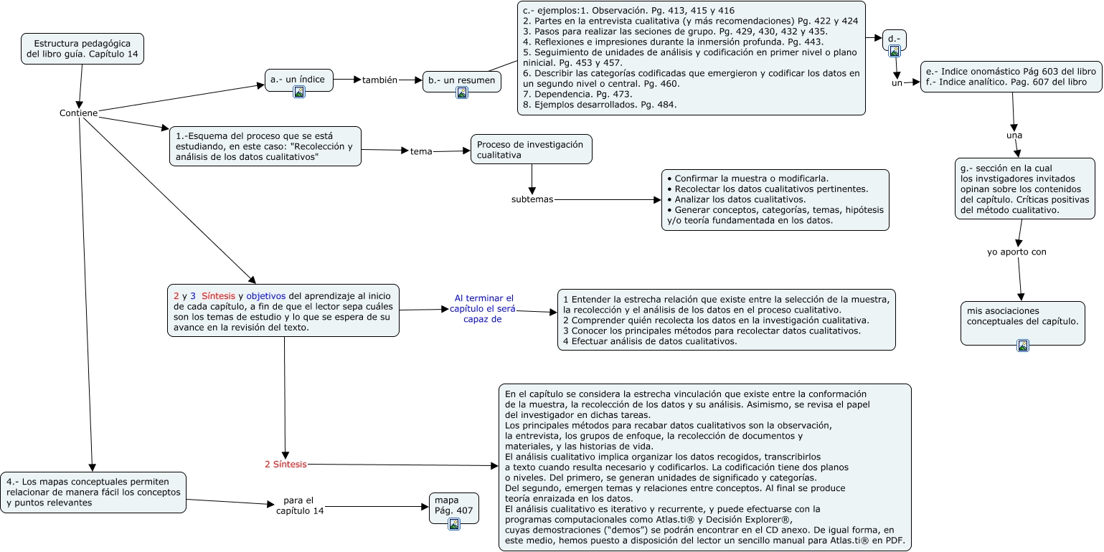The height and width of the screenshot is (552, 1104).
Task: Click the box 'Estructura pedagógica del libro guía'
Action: click(82, 49)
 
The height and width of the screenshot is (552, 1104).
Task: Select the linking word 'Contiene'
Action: click(78, 113)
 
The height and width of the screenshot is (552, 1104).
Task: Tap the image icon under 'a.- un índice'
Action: click(299, 92)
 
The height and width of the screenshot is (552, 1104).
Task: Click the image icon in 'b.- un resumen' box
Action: click(462, 92)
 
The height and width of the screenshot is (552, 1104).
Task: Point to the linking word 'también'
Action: click(379, 80)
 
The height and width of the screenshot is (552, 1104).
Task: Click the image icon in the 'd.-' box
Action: click(895, 51)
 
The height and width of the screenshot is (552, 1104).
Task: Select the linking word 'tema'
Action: click(421, 151)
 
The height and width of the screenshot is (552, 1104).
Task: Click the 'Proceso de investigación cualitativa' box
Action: click(531, 149)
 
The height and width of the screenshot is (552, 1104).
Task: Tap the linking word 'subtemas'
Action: click(532, 199)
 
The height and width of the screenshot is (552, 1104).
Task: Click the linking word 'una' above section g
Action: click(1014, 135)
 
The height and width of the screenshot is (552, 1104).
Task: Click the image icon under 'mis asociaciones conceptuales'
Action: click(1023, 346)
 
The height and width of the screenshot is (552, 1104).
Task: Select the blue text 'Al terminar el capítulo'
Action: click(484, 309)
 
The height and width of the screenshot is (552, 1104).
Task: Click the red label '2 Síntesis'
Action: click(286, 465)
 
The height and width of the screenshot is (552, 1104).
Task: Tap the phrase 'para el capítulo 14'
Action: click(300, 505)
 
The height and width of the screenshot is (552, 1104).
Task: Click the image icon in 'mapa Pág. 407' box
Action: click(453, 524)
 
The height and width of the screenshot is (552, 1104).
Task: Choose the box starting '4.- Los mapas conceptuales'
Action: click(93, 492)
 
